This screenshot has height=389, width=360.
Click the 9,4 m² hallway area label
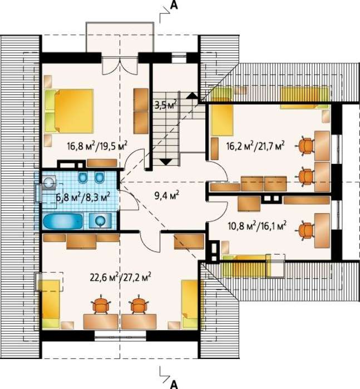(x=167, y=196)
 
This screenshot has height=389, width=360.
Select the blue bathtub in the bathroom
(x=63, y=222)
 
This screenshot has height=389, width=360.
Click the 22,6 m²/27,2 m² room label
(x=121, y=277)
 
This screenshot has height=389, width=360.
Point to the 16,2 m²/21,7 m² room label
(x=255, y=146)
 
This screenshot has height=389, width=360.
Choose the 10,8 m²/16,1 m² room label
(x=257, y=226)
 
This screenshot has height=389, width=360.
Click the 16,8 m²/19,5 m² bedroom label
(x=97, y=146)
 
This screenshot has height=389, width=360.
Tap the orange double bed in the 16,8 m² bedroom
(x=74, y=111)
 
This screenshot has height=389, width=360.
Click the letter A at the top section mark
(x=174, y=5)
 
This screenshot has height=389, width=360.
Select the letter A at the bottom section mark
(x=174, y=384)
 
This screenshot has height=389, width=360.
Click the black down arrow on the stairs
(x=166, y=162)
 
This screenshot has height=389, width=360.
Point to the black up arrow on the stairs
(x=192, y=96)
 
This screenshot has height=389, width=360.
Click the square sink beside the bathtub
(x=100, y=220)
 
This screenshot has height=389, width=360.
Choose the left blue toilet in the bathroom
(x=83, y=178)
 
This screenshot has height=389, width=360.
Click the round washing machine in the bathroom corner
(x=49, y=182)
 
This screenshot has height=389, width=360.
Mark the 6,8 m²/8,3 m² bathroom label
(x=83, y=198)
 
